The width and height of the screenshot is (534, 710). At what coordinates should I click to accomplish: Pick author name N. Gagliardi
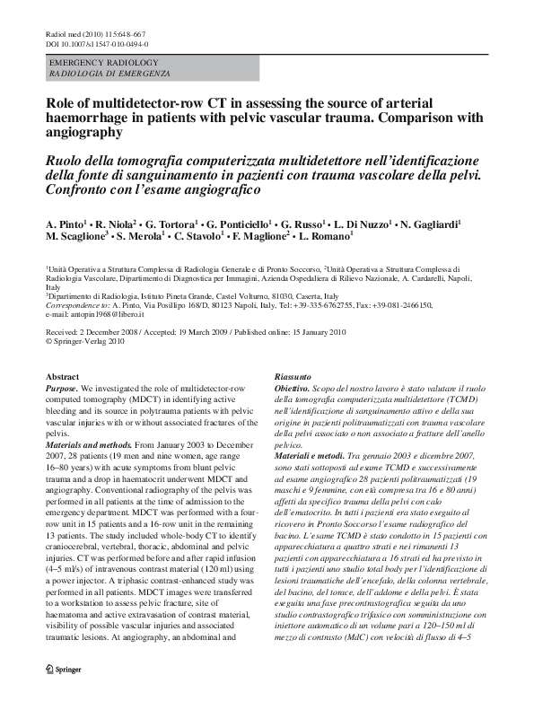tap(429, 223)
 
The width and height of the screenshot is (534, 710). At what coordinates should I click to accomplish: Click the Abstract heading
tap(62, 377)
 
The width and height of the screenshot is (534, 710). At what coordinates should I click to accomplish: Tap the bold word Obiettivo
tap(293, 388)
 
